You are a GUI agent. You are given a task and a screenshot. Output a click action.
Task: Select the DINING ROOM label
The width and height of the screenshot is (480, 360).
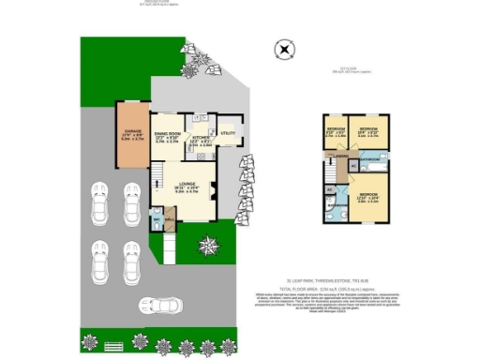click(x=167, y=135)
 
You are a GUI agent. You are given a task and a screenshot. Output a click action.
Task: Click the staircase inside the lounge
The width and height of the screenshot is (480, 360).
click(x=157, y=178)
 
